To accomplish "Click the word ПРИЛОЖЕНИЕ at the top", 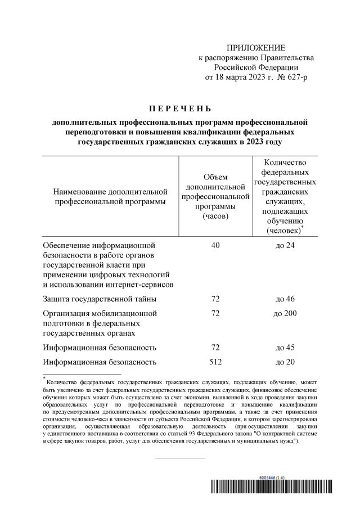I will pos(256,47).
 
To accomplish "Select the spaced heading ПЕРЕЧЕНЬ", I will pos(180,108).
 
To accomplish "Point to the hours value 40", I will pos(215,245).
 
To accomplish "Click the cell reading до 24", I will pos(285,245).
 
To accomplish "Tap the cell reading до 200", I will pos(285,313).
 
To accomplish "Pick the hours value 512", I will pos(215,362).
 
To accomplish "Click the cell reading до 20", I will pos(285,362).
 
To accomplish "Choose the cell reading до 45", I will pos(285,348).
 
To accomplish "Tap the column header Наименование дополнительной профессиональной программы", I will pos(110,197).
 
